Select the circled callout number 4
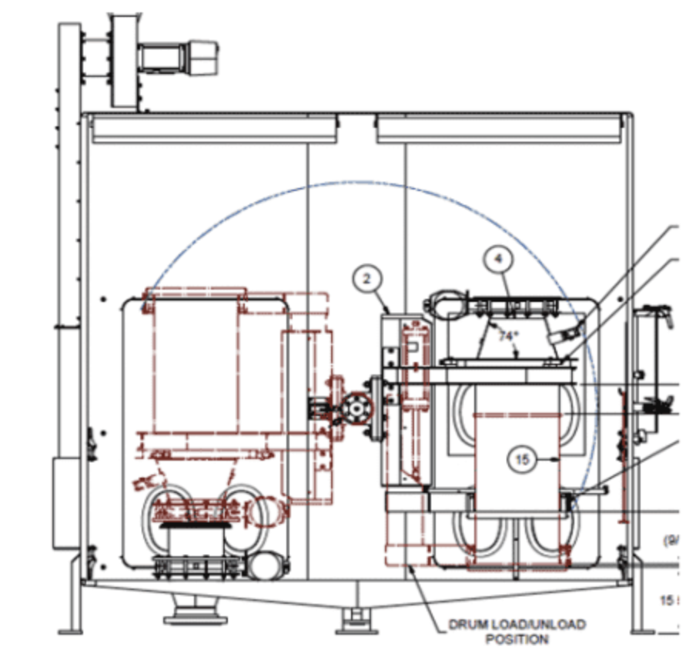pos(498,260)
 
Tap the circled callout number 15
pos(523,460)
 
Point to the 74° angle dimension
pos(504,336)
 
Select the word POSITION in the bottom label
pos(517,639)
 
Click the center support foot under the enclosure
pos(355,616)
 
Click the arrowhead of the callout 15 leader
pos(557,460)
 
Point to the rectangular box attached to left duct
pos(62,501)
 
